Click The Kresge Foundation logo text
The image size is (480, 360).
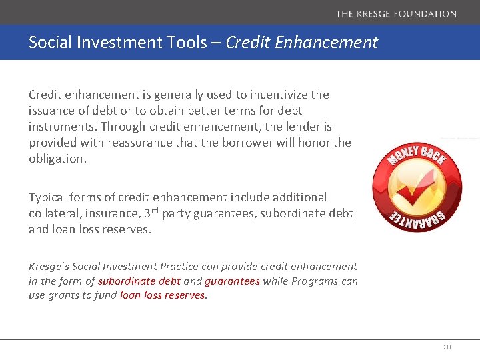point(396,13)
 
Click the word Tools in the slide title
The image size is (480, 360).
point(194,43)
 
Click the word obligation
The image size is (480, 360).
point(58,159)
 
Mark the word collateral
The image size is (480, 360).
point(55,213)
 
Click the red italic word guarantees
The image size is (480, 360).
point(232,281)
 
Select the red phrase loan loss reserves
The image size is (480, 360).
point(163,295)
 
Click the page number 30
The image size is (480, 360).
point(447,347)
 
